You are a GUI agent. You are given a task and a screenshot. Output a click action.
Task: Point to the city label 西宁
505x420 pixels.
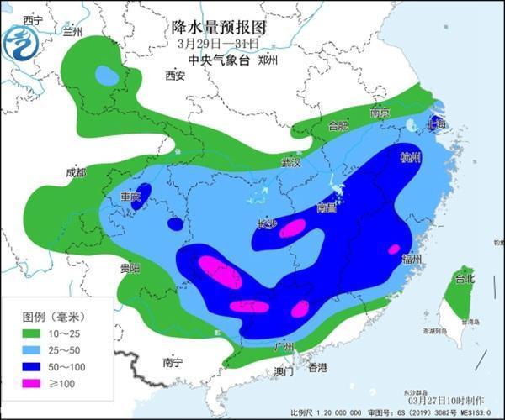(34, 19)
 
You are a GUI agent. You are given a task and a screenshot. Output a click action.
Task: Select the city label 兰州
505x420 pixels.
(74, 32)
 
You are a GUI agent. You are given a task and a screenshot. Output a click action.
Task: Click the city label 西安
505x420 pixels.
(174, 76)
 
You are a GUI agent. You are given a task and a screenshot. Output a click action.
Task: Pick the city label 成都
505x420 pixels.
(75, 172)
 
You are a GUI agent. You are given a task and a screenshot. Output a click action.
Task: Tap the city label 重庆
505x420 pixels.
(130, 196)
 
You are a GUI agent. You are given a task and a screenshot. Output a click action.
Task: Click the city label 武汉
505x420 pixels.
(290, 162)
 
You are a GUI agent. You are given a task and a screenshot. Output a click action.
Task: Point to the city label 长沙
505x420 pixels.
(266, 223)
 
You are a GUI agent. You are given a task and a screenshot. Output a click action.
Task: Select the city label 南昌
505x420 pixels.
(328, 207)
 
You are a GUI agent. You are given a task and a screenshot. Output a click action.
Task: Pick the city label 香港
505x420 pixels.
(317, 368)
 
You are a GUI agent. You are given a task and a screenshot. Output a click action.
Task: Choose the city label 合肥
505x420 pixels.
(338, 126)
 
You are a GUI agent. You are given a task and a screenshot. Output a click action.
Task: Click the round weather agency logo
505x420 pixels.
(20, 42)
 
